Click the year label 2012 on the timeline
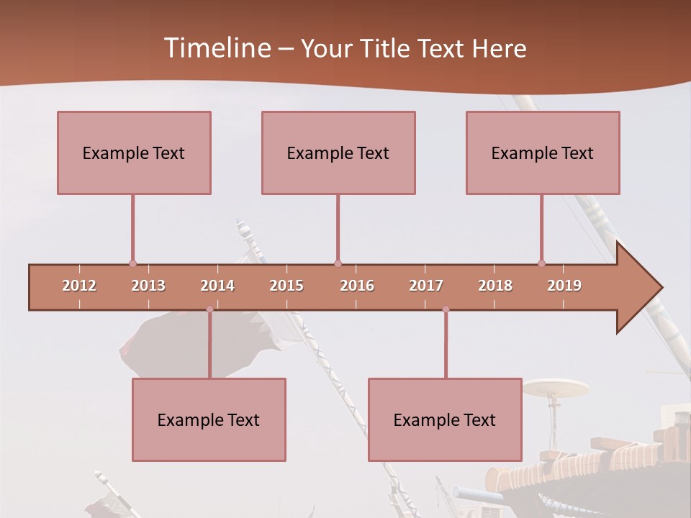[x=79, y=286]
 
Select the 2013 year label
[x=148, y=286]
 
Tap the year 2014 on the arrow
[x=217, y=286]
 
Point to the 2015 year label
[x=286, y=286]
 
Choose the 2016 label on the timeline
[x=357, y=286]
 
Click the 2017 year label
[x=426, y=286]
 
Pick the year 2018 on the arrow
[x=495, y=286]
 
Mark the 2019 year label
[x=564, y=286]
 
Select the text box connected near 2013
[x=134, y=153]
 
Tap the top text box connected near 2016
[x=338, y=153]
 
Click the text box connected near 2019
[x=543, y=153]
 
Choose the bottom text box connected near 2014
[x=209, y=419]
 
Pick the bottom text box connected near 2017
[x=445, y=419]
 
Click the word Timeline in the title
[x=217, y=48]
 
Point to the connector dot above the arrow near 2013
[x=132, y=263]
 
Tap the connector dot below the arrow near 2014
[x=209, y=309]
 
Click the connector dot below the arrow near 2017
[x=446, y=309]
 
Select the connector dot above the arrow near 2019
[x=541, y=263]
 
